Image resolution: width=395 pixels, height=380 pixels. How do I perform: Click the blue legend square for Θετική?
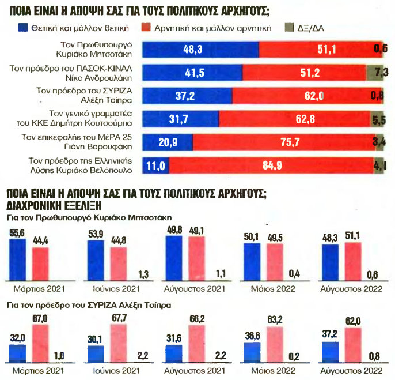pos(22,28)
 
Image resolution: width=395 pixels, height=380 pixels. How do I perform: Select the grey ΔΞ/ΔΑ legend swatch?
pos(289,28)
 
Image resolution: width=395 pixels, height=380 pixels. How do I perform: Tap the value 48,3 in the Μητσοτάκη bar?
pos(193,50)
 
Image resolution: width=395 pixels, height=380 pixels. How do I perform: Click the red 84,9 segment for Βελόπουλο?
pos(272,165)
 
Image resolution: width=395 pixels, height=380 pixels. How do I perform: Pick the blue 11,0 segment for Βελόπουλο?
pos(155,165)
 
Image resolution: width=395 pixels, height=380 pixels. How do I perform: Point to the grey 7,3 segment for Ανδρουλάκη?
pos(375,73)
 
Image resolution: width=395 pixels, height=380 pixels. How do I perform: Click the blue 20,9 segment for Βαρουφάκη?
pos(168,142)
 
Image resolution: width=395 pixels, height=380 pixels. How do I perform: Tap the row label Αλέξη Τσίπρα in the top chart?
pos(107,100)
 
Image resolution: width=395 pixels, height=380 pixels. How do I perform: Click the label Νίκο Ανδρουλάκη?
pos(98,78)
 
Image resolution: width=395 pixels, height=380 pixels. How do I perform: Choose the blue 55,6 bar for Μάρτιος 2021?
pos(18,259)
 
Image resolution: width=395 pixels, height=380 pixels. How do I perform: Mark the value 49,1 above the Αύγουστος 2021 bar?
pos(196,231)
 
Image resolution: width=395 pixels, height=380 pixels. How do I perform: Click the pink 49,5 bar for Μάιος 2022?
pos(275,262)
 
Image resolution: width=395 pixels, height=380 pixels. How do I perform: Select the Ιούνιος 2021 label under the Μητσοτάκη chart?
pos(116,289)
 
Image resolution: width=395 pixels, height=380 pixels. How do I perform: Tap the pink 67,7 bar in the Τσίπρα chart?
pos(119,344)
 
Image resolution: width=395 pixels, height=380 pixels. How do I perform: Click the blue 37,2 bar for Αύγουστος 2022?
pos(331,352)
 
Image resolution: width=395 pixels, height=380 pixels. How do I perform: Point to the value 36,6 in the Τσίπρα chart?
pos(252,336)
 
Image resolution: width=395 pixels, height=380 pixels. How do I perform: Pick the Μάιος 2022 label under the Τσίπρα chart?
pos(273,371)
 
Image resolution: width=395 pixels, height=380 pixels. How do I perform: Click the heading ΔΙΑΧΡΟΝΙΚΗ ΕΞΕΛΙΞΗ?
pos(54,206)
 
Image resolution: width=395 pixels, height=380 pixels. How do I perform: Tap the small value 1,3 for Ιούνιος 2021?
pos(143,274)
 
